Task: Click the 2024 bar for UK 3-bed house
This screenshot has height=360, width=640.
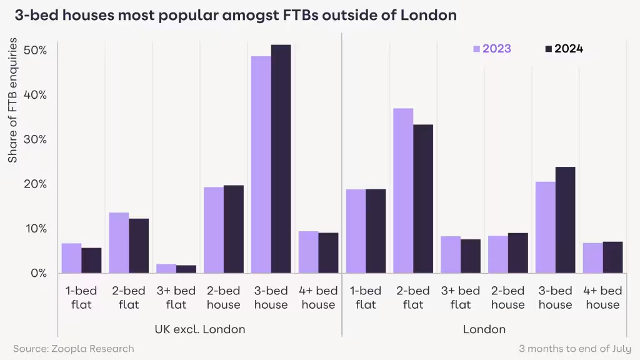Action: [x=281, y=159]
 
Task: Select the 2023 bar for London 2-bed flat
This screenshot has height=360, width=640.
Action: [x=403, y=191]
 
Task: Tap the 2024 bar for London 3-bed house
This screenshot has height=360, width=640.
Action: [x=565, y=219]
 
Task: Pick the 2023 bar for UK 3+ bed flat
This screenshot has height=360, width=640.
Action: [x=166, y=268]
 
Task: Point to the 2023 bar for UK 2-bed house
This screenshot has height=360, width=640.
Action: [x=214, y=230]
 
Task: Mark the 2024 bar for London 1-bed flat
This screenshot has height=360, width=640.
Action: [x=376, y=231]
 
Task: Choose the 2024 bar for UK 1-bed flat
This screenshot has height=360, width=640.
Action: [x=91, y=260]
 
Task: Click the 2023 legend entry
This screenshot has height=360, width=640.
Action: [x=492, y=49]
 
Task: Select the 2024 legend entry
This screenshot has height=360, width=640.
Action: [x=564, y=49]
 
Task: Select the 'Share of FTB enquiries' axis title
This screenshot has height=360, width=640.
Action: [x=12, y=100]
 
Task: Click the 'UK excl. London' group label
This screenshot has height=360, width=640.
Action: [x=199, y=329]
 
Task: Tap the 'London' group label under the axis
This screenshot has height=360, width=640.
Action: [x=484, y=329]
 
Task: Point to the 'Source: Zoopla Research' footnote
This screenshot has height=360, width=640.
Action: [x=74, y=348]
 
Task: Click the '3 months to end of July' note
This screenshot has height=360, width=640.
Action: [x=574, y=348]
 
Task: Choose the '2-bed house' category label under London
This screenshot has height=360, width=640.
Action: [x=507, y=297]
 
